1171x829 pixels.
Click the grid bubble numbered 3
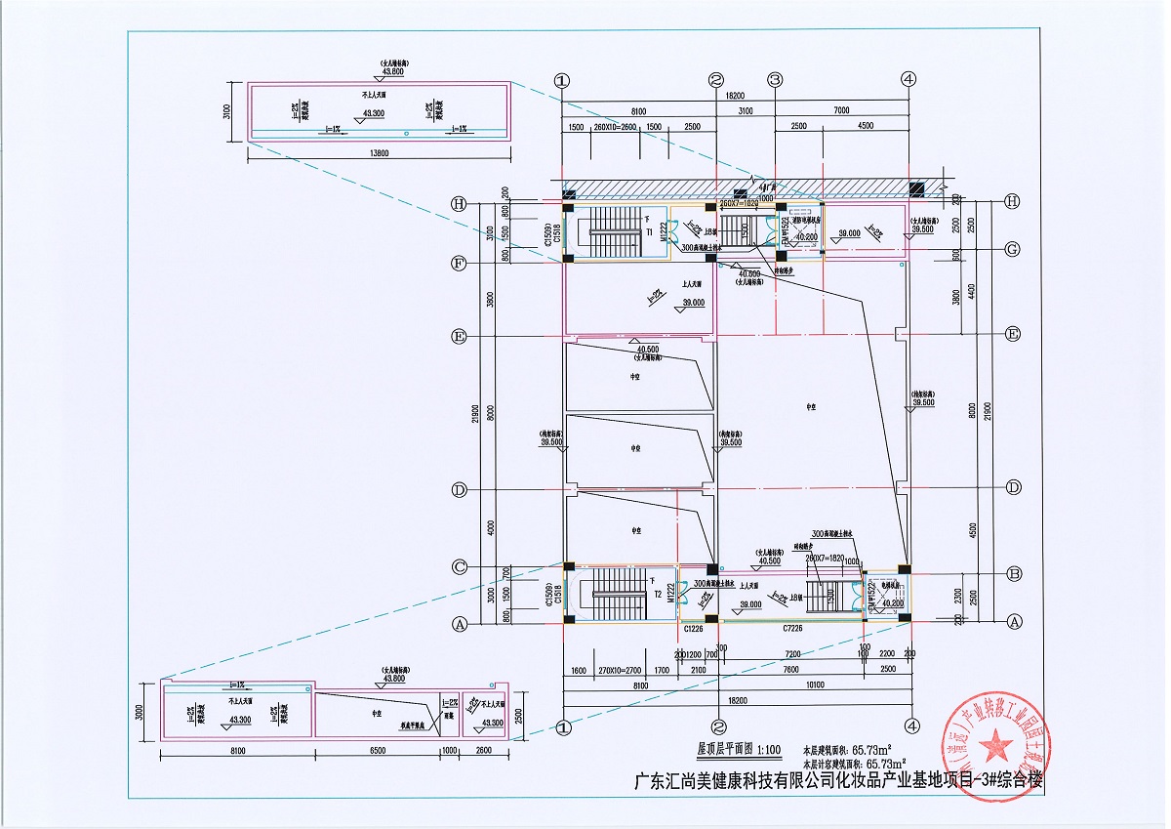pos(776,80)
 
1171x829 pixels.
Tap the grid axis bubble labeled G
pos(1013,250)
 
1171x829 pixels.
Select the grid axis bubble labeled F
pos(458,264)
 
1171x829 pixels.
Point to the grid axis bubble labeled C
pos(458,567)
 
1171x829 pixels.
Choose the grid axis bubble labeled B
pos(1013,573)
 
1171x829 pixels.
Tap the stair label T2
pos(659,594)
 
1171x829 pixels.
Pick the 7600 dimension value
pos(790,669)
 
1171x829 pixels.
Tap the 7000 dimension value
pos(841,112)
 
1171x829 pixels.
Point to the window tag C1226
pos(694,630)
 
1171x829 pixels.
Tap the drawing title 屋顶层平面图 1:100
pos(739,750)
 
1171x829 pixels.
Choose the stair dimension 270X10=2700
pos(620,669)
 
